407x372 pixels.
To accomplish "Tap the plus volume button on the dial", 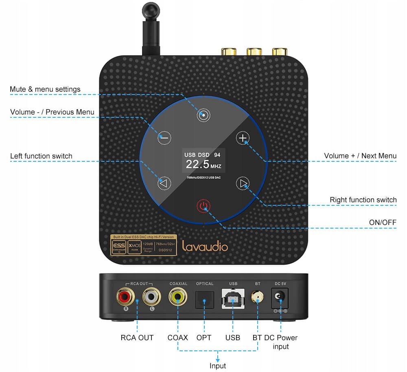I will (x=243, y=139).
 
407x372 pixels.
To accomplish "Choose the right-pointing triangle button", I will (x=243, y=184).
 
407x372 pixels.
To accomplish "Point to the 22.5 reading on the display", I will (x=198, y=164).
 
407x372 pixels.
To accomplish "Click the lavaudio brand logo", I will (x=205, y=246).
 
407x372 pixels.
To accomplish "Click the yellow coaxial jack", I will (x=178, y=296).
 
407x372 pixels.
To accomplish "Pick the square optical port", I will (x=205, y=299).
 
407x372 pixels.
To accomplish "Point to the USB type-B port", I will (x=233, y=299).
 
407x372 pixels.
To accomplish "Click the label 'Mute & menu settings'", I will (x=45, y=89).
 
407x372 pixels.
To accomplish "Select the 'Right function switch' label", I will (x=363, y=200).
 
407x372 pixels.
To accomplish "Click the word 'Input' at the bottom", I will (x=218, y=365).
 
